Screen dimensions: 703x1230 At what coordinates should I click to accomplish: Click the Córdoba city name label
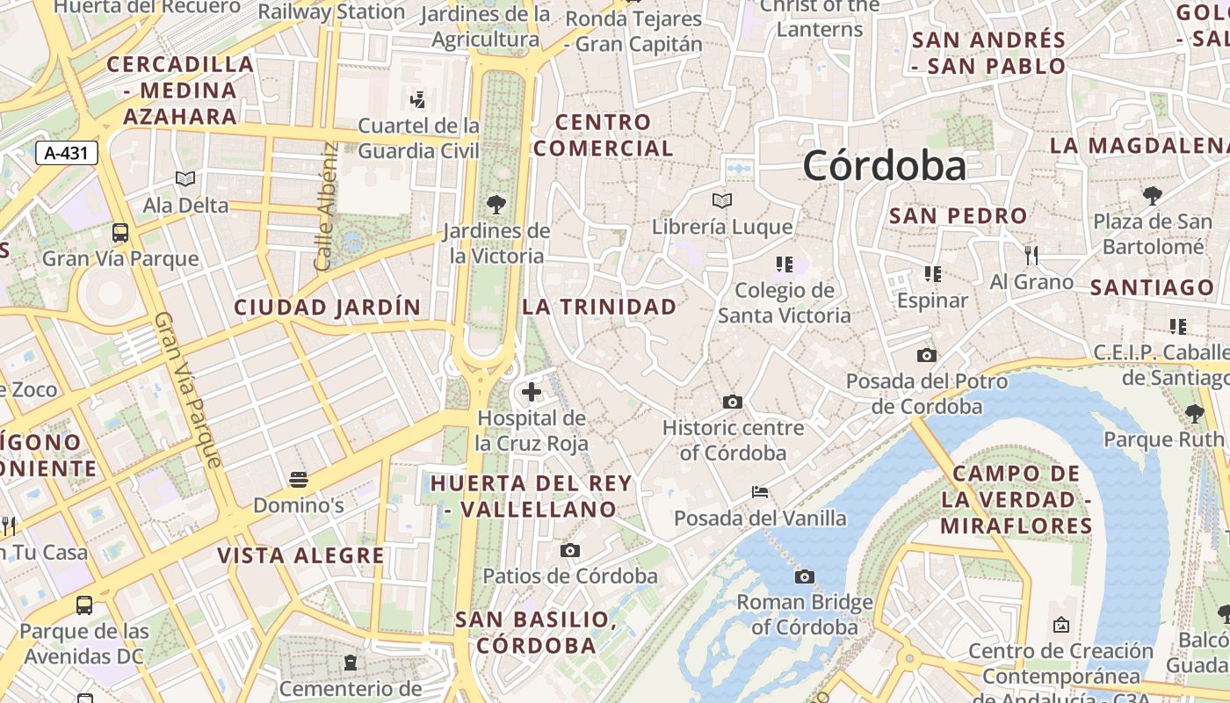pos(884,165)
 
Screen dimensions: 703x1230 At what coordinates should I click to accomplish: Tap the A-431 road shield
pos(66,152)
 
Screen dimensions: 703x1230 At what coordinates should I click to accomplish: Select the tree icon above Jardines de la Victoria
pos(496,205)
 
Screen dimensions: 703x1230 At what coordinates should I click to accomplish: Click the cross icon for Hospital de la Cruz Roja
pos(532,392)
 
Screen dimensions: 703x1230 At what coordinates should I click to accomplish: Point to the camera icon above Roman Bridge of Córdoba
pos(804,576)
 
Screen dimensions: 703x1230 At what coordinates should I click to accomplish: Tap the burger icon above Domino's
pos(299,480)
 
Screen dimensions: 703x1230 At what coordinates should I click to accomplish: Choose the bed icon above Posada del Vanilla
pos(760,492)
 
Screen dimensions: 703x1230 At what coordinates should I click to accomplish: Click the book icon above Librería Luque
pos(722,200)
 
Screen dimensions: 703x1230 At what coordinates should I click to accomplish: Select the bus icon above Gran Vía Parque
pos(120,233)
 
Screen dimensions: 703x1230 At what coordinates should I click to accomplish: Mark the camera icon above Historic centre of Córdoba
pos(732,402)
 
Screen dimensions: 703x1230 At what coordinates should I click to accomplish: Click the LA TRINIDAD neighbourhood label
pos(599,307)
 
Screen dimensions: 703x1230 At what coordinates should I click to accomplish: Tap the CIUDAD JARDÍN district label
pos(327,308)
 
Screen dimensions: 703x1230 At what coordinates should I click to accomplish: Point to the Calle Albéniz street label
pos(325,207)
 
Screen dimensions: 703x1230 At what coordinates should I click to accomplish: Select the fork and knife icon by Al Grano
pos(1031,256)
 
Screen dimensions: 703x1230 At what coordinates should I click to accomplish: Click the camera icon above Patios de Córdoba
pos(570,550)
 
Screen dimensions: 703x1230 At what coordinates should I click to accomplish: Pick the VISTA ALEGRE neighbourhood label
pos(300,555)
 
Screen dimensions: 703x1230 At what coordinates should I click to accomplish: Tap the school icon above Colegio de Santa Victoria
pos(785,264)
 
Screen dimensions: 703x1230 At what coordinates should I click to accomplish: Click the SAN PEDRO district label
pos(958,215)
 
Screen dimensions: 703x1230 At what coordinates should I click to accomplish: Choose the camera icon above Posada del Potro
pos(926,356)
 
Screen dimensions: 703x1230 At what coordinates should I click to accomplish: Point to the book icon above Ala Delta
pos(185,179)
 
